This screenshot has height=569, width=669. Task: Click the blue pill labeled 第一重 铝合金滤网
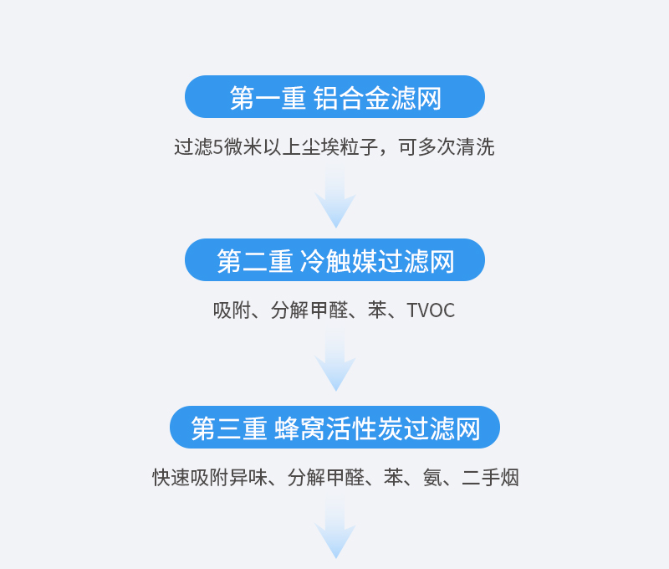(x=334, y=97)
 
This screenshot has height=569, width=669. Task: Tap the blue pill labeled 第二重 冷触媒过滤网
(x=334, y=260)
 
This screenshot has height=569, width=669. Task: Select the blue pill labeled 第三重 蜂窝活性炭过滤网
(x=334, y=428)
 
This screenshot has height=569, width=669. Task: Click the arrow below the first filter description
(x=335, y=198)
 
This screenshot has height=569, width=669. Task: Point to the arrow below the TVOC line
(x=335, y=362)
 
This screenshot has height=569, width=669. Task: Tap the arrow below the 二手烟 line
(x=335, y=530)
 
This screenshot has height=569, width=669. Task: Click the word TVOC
(x=431, y=310)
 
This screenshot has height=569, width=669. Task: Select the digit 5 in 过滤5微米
(x=218, y=147)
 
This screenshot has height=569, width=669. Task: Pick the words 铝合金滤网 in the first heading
(x=377, y=98)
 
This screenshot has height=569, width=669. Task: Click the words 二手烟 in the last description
(x=490, y=478)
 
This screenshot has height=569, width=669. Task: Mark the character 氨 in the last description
(x=432, y=478)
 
